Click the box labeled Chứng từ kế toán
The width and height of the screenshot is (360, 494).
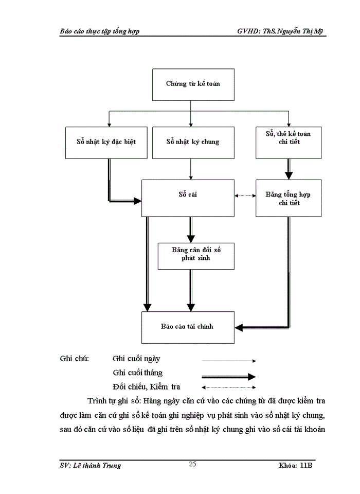click(x=193, y=84)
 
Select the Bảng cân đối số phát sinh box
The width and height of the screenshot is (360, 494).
click(x=191, y=254)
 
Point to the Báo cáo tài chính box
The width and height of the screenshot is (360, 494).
click(x=188, y=327)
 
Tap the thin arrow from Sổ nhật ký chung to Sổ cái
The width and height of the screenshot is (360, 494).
click(x=191, y=169)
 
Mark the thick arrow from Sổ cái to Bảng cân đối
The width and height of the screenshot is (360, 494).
click(x=191, y=229)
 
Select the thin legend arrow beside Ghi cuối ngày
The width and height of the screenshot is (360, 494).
click(x=228, y=360)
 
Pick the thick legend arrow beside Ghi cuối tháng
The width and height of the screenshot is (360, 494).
click(x=228, y=376)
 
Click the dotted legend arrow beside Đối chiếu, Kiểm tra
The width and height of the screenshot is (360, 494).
click(x=228, y=387)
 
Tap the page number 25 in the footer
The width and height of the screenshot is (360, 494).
click(x=192, y=464)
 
